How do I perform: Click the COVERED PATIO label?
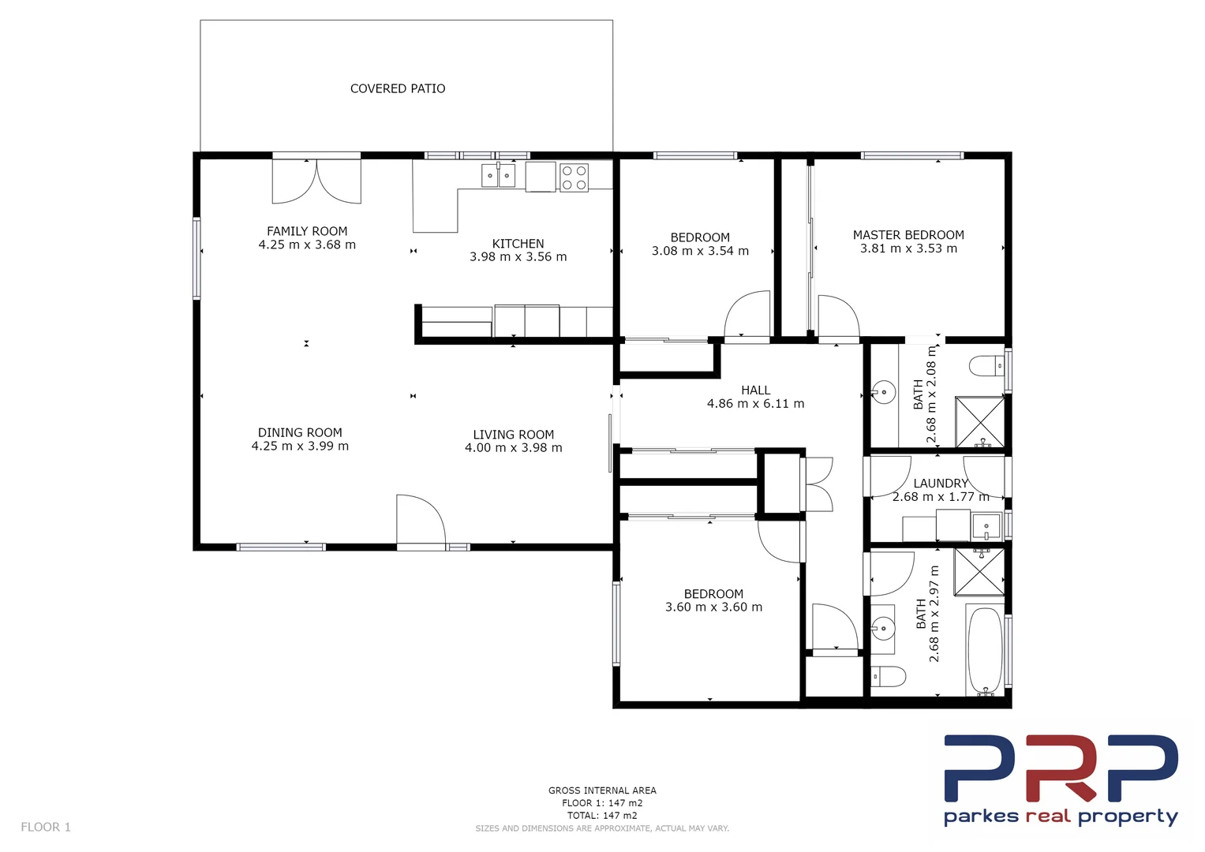coord(398,89)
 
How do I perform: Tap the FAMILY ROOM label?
coord(307,231)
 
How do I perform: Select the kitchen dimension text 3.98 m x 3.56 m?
coord(518,257)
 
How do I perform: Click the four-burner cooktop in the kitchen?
coord(574,177)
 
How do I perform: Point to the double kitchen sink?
coord(498,175)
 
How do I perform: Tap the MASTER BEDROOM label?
coord(908,235)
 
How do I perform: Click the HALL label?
coord(755,390)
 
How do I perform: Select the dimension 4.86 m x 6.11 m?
coord(755,404)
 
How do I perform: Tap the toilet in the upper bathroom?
coord(986,366)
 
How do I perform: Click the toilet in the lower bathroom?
coord(888,676)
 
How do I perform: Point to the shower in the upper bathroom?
coord(980,422)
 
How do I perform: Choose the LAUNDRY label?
coord(940,484)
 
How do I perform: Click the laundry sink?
coord(986,525)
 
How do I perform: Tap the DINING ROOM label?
coord(300,433)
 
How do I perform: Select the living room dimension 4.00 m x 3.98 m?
coord(513,448)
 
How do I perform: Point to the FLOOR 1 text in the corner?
coord(46,828)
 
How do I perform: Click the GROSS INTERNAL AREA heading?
coord(602,790)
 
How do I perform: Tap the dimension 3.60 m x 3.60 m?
coord(713,607)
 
